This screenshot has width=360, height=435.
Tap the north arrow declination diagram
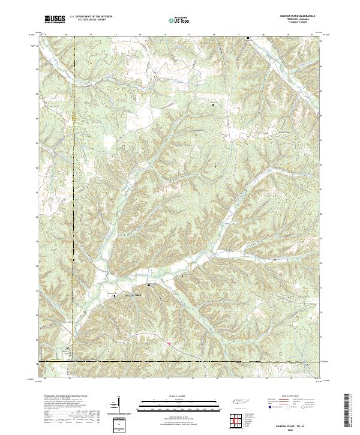tap(119, 403)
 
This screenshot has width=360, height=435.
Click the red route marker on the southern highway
tap(170, 343)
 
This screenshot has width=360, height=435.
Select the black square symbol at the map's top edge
tap(248, 38)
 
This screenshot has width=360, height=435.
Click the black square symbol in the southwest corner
tap(67, 347)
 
